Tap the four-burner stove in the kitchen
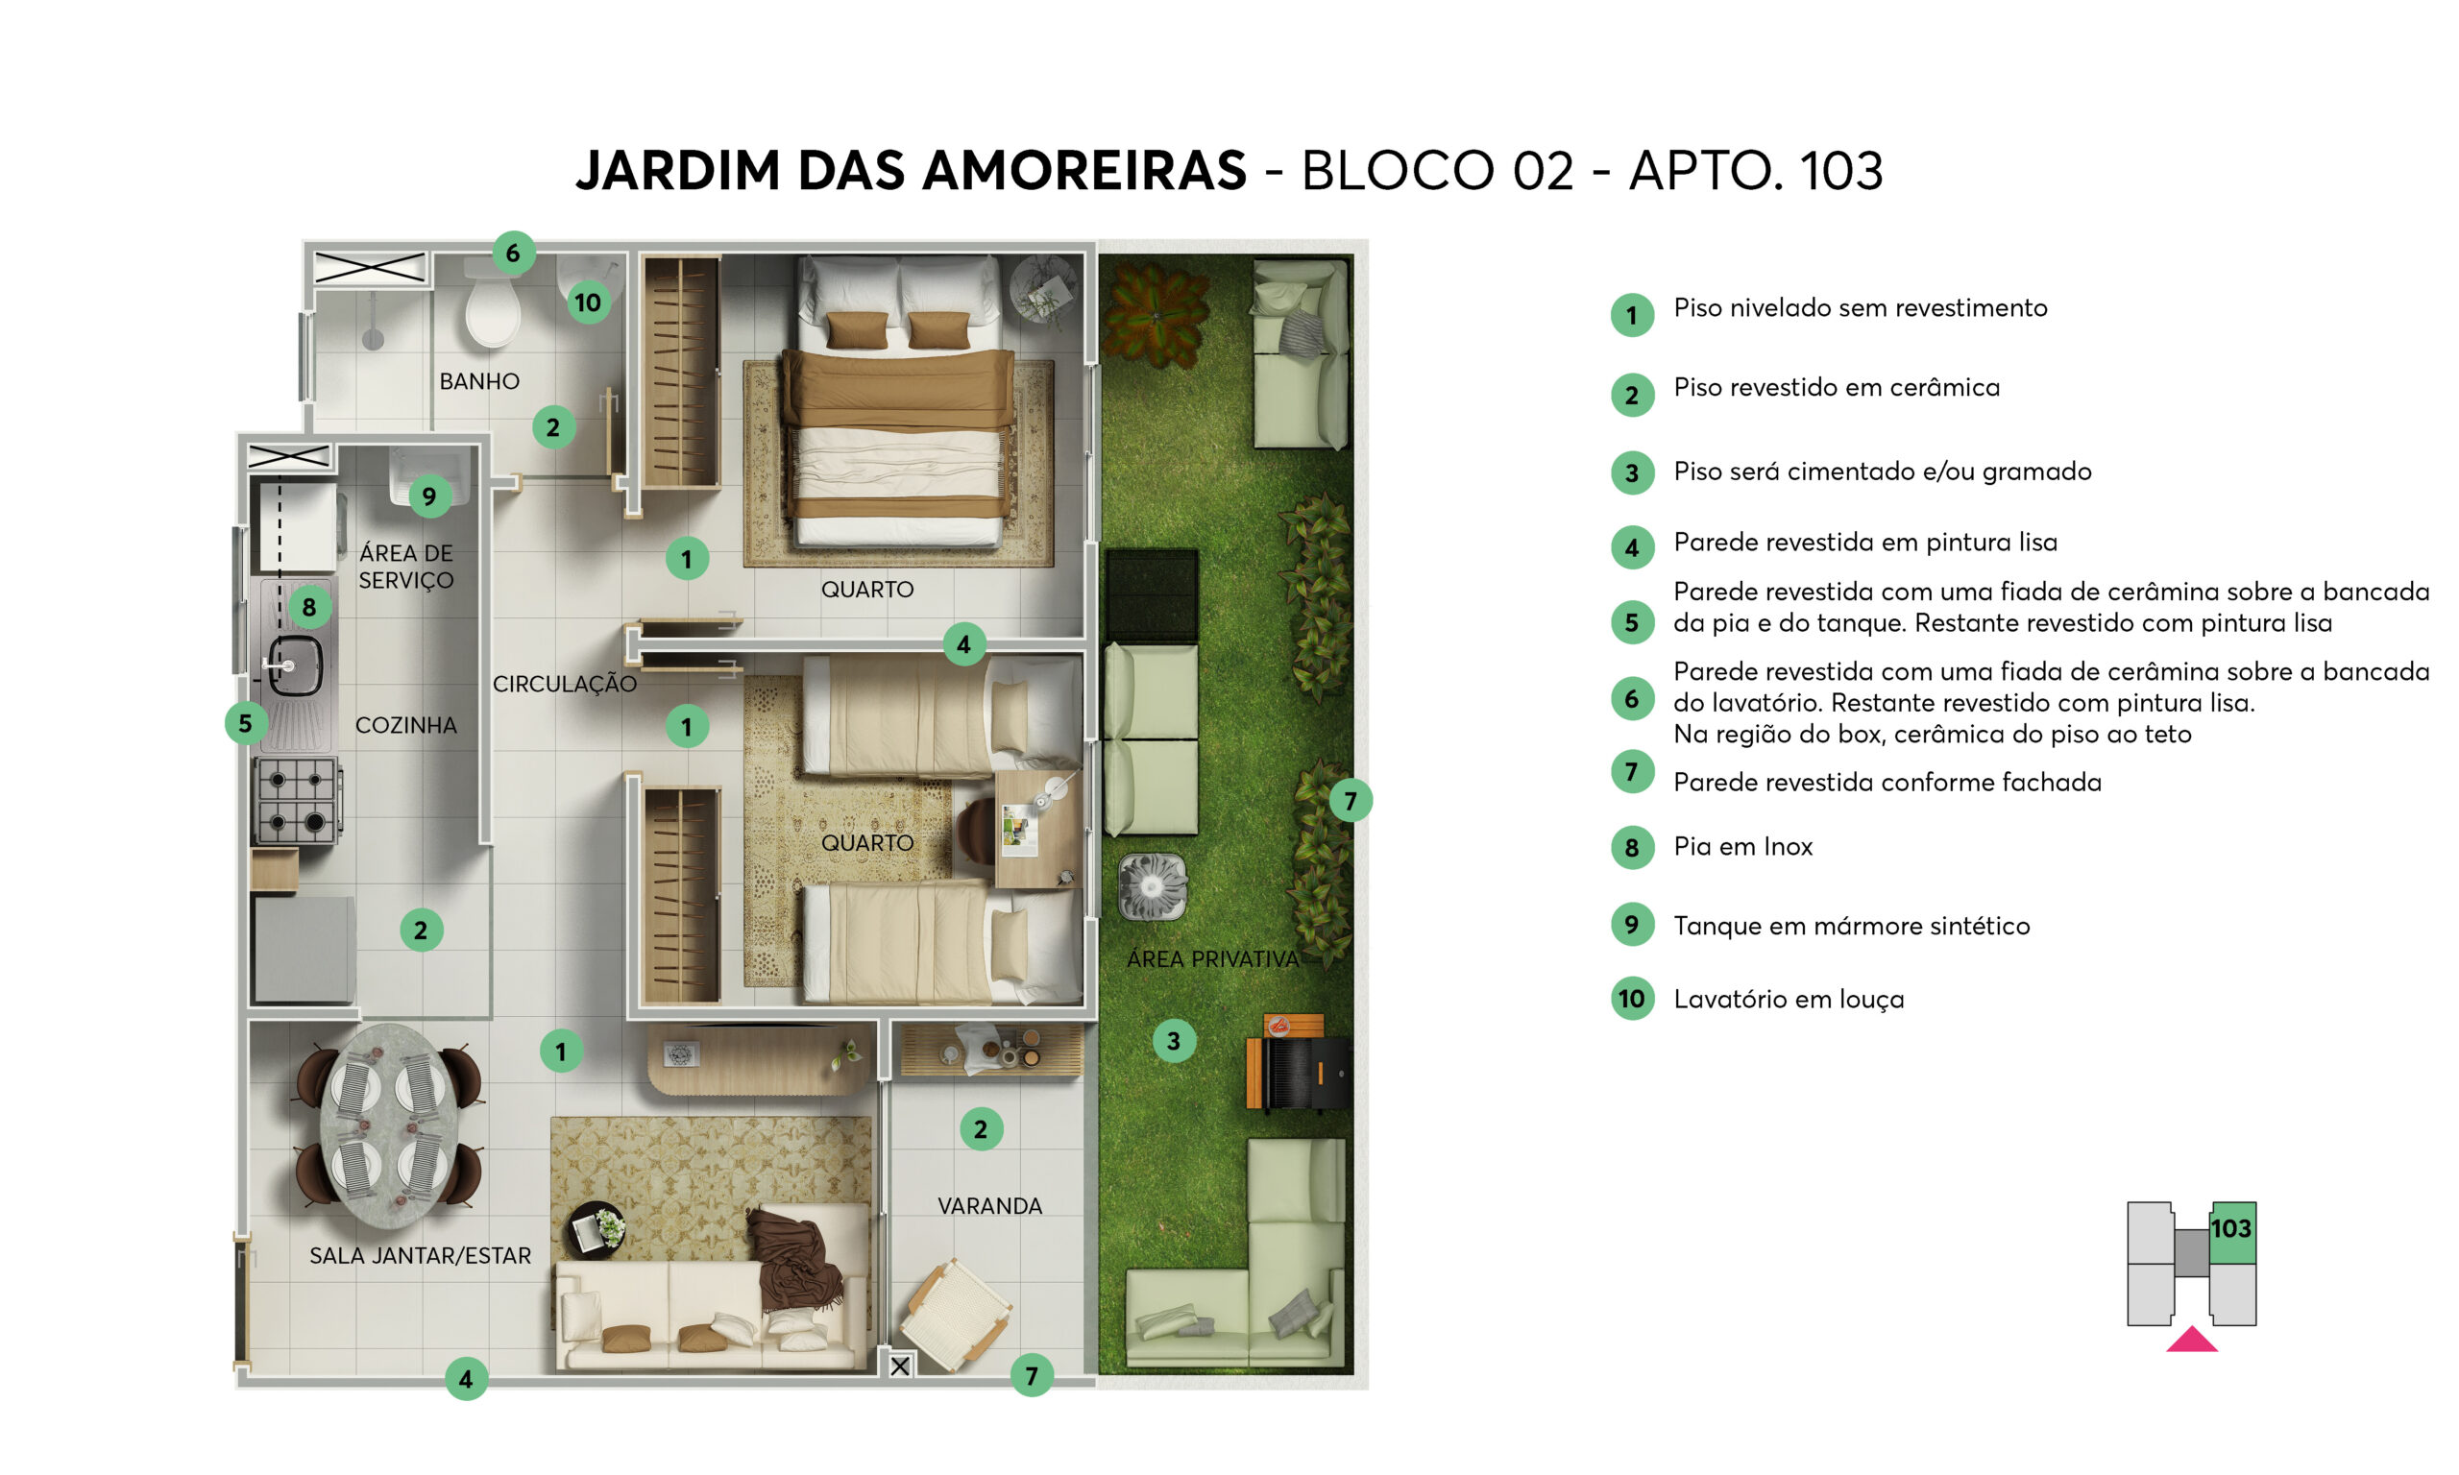(297, 800)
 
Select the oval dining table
(389, 1126)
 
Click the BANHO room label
(479, 381)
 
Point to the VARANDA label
(990, 1206)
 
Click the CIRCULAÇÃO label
(565, 684)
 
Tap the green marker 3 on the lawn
(1174, 1041)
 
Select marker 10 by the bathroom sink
(588, 302)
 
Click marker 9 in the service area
(429, 496)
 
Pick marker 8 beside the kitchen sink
(309, 606)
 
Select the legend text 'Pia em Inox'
(1742, 847)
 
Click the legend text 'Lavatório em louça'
(1789, 999)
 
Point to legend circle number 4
(1632, 546)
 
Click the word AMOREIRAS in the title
(1084, 170)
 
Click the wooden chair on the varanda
(955, 1314)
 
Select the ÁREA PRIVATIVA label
(1212, 959)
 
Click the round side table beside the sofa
(596, 1230)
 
